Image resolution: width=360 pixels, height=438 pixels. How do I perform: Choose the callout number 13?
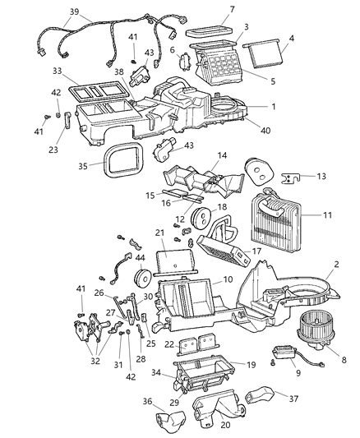(x=320, y=176)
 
